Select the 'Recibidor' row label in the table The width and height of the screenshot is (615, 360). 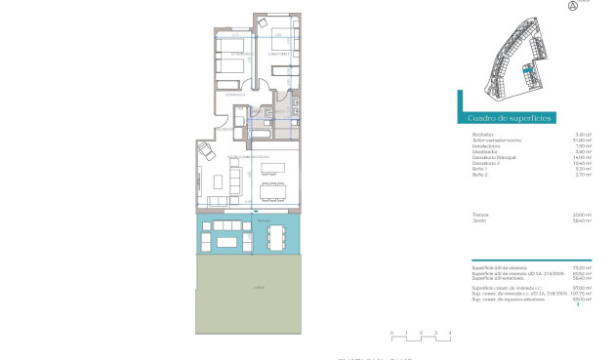tap(481, 134)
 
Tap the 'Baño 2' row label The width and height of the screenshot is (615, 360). tap(479, 175)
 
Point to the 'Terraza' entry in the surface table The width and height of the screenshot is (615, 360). tap(480, 215)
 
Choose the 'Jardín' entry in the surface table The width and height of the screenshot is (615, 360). tap(479, 220)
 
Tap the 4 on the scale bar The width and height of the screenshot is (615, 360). tap(450, 333)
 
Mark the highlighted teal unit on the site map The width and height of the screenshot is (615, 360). tap(525, 70)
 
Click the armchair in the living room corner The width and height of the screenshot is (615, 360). tap(207, 151)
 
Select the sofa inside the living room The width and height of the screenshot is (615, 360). tap(235, 180)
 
